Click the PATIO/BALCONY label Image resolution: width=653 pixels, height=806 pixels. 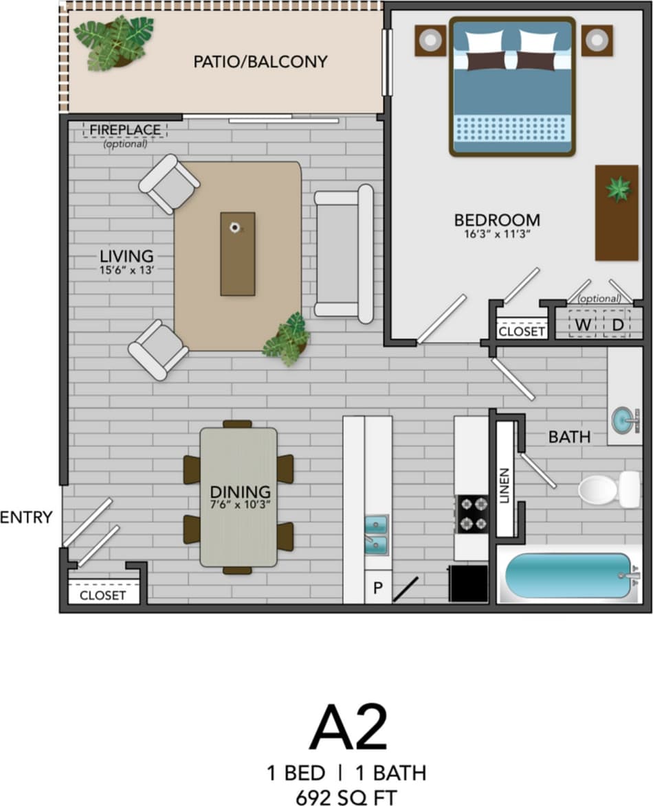coord(260,62)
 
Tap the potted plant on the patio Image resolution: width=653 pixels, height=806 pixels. coord(113,43)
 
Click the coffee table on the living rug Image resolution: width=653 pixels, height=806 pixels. coord(237,253)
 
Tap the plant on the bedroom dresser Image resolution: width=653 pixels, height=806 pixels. coord(617,188)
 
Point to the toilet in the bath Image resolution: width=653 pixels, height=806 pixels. coord(608,489)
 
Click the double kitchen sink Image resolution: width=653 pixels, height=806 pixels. coord(376,535)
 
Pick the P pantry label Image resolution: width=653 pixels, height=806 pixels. coord(377,588)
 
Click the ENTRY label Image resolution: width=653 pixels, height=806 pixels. coord(26,518)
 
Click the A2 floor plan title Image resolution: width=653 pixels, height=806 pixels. coord(348,728)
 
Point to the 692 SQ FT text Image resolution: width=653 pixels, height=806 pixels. coord(346,797)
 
